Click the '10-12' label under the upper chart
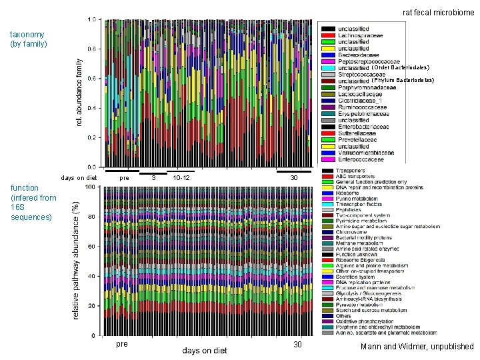[x=181, y=178]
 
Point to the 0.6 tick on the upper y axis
[x=92, y=79]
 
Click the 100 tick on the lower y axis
[x=89, y=187]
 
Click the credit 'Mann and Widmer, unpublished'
[x=417, y=347]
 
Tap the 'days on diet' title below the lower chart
[x=204, y=351]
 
